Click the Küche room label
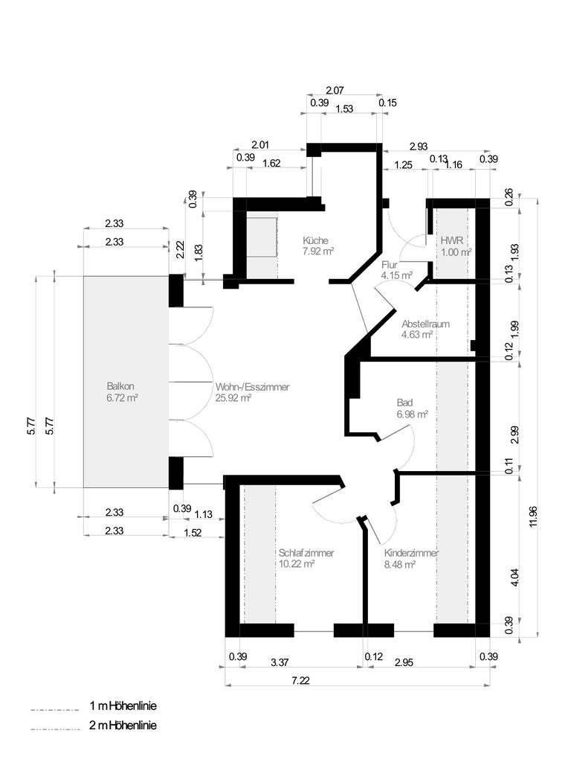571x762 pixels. click(x=317, y=240)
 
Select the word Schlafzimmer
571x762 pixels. click(x=306, y=553)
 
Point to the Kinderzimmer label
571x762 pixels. click(x=411, y=553)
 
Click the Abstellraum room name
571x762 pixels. click(x=425, y=324)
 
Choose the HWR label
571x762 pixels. click(x=451, y=241)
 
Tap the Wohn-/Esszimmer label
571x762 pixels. click(x=252, y=387)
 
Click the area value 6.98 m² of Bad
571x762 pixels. click(x=413, y=414)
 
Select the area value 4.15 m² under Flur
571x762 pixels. click(x=396, y=275)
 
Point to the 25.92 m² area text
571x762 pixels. click(x=233, y=398)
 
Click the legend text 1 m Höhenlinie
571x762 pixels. click(x=123, y=705)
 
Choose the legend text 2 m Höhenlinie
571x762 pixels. click(x=123, y=725)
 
